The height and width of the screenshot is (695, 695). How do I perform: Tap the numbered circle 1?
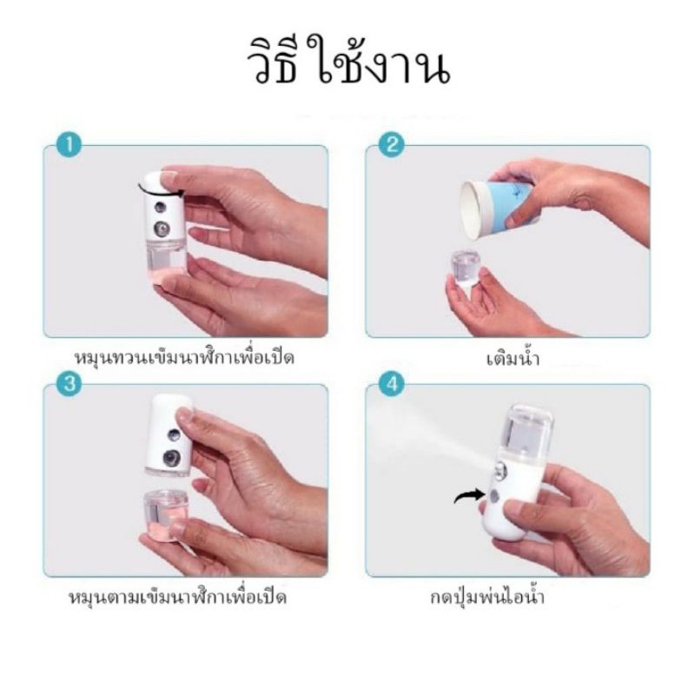[x=69, y=144]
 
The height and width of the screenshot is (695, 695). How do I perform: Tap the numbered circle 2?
[x=392, y=144]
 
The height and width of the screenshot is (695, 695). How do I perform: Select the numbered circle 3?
[x=69, y=383]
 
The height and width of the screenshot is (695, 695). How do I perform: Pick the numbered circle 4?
[x=392, y=383]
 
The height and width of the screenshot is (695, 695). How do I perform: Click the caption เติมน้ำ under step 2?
[x=513, y=358]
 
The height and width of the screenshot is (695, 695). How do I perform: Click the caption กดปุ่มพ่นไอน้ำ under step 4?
[x=487, y=597]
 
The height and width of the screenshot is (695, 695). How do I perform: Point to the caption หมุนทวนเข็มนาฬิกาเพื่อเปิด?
[x=184, y=358]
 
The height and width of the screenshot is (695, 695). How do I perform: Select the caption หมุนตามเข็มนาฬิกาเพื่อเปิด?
[x=177, y=597]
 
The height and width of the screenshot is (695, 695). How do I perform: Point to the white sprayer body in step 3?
[x=170, y=434]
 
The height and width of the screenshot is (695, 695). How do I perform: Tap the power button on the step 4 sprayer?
[x=493, y=496]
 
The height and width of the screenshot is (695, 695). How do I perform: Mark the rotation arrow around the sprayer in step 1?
[x=161, y=189]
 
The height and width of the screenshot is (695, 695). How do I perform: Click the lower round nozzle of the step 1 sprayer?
[x=162, y=228]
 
